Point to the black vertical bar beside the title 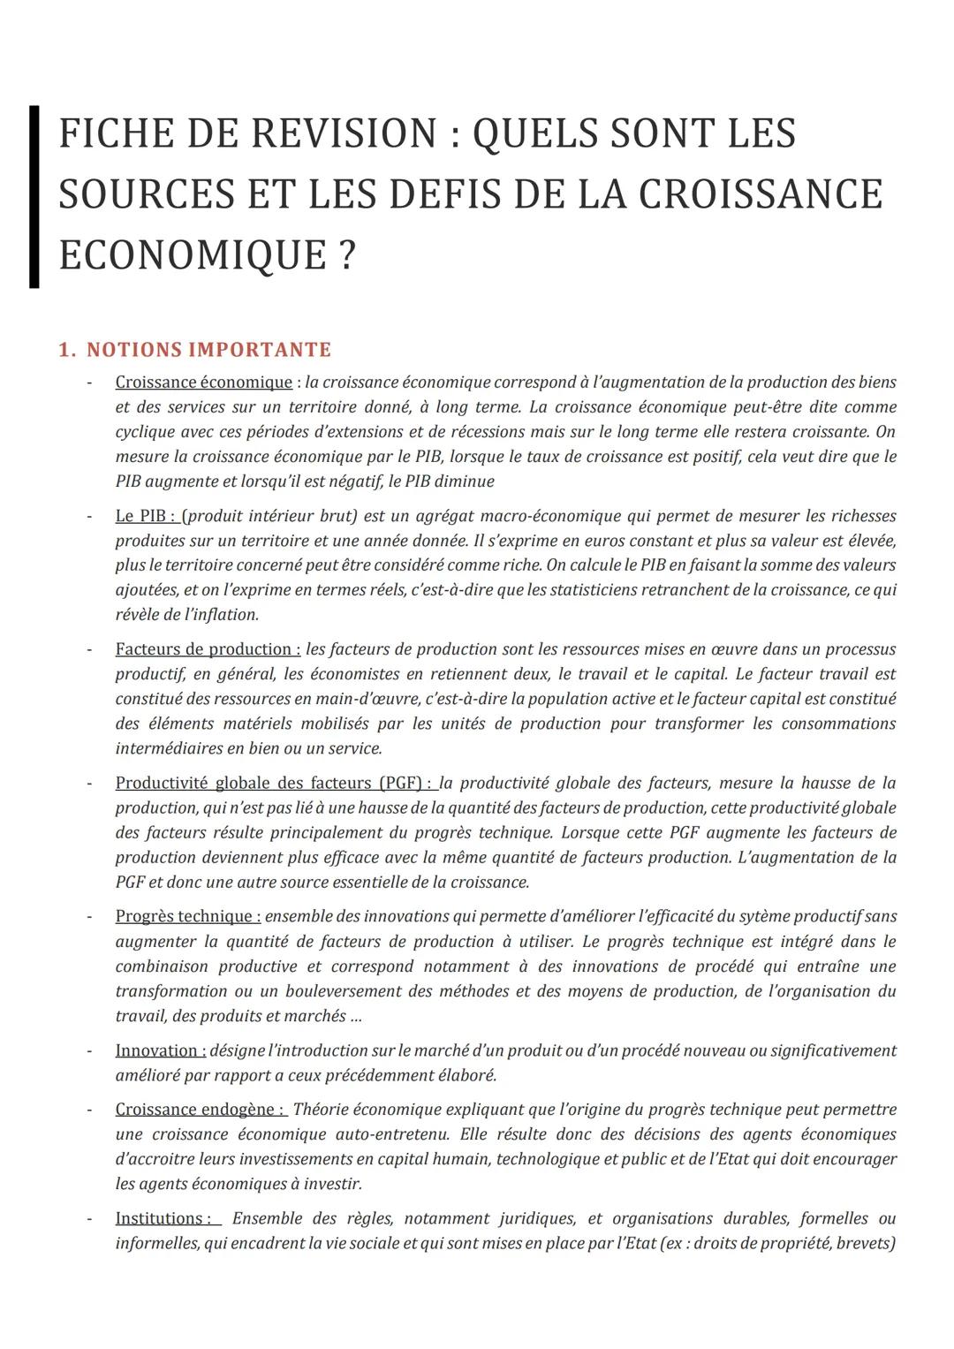(34, 196)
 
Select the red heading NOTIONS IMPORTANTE (208, 350)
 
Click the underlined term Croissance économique (203, 383)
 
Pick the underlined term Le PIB (144, 516)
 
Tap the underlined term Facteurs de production (207, 649)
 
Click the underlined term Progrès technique (187, 917)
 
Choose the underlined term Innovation (160, 1050)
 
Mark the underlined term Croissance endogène (199, 1110)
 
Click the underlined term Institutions (165, 1219)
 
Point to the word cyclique (145, 432)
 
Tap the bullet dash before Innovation (88, 1050)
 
